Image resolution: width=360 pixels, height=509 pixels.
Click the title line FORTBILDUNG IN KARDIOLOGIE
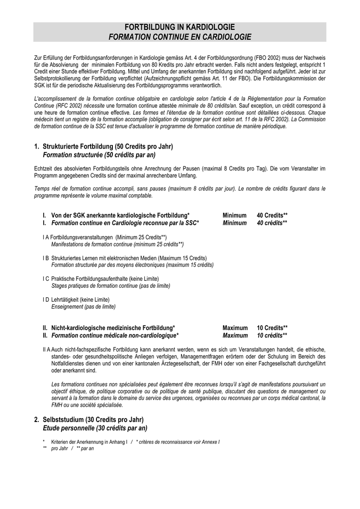[x=180, y=27]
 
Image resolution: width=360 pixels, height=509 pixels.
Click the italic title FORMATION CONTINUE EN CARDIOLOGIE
[x=180, y=37]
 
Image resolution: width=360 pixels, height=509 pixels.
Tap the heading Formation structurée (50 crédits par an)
[x=92, y=155]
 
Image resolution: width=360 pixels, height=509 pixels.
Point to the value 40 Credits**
[x=272, y=215]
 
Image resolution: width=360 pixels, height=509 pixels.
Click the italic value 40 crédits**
[x=272, y=223]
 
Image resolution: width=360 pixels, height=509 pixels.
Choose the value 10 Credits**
[x=272, y=328]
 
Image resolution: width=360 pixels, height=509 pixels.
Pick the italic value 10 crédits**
[x=272, y=336]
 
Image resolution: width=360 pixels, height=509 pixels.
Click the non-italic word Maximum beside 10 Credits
[x=235, y=328]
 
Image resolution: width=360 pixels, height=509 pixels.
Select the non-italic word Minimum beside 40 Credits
[x=235, y=215]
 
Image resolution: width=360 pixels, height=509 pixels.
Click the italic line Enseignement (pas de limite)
[x=84, y=307]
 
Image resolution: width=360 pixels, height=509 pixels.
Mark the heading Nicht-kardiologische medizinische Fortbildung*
[x=113, y=328]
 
